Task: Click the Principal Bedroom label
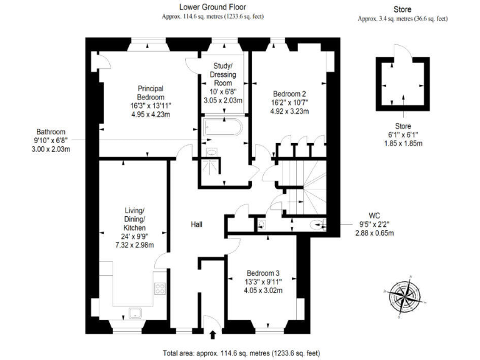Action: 151,92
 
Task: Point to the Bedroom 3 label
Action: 263,273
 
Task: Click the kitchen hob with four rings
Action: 159,289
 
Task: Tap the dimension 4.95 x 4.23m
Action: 151,114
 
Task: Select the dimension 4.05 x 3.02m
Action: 263,290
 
